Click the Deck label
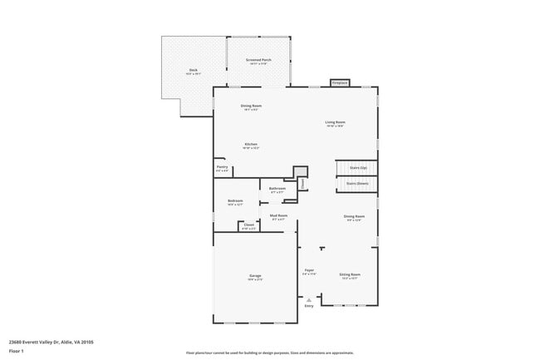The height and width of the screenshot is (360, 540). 193,72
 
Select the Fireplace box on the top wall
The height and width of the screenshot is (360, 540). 339,83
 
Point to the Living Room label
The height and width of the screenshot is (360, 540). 335,124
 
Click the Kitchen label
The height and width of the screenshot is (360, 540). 250,145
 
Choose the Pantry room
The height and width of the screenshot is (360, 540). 222,169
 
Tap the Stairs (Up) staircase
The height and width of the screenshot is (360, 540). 357,168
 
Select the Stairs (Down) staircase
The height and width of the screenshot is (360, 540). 357,185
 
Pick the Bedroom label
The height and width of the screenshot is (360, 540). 235,202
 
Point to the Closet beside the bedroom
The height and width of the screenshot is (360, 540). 248,226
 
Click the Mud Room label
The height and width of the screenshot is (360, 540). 277,217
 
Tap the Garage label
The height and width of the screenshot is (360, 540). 255,277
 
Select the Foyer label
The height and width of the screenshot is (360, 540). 308,271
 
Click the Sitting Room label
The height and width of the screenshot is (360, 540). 349,275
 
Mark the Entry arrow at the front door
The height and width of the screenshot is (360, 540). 309,302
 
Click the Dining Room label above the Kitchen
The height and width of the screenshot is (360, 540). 251,106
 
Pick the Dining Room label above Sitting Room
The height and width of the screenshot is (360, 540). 355,218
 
